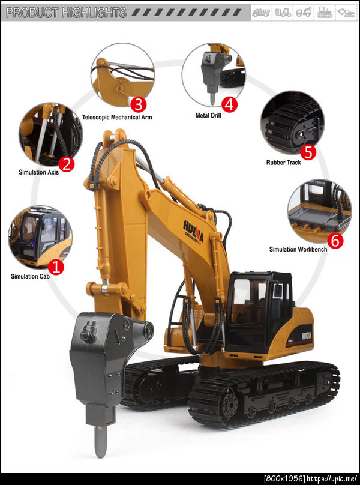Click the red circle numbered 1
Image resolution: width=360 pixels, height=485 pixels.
56,268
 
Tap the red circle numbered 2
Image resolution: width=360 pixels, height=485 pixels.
67,164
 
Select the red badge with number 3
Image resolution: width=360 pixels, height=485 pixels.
138,105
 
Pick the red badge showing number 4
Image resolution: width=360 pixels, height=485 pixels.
229,105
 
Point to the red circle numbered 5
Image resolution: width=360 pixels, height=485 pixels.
308,152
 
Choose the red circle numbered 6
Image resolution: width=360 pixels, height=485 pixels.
335,241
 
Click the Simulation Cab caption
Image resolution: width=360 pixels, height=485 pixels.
30,276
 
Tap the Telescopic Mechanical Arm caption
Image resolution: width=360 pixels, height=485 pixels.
117,118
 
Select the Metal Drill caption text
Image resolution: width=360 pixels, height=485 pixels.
208,115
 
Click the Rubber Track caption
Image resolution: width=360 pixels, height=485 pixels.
283,163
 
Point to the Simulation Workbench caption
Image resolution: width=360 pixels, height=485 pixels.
298,249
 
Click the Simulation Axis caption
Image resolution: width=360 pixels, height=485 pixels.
38,172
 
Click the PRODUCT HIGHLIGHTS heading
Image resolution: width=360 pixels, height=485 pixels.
66,13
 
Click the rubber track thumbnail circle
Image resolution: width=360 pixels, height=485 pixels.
292,123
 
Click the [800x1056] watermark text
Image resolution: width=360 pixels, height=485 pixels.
284,479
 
